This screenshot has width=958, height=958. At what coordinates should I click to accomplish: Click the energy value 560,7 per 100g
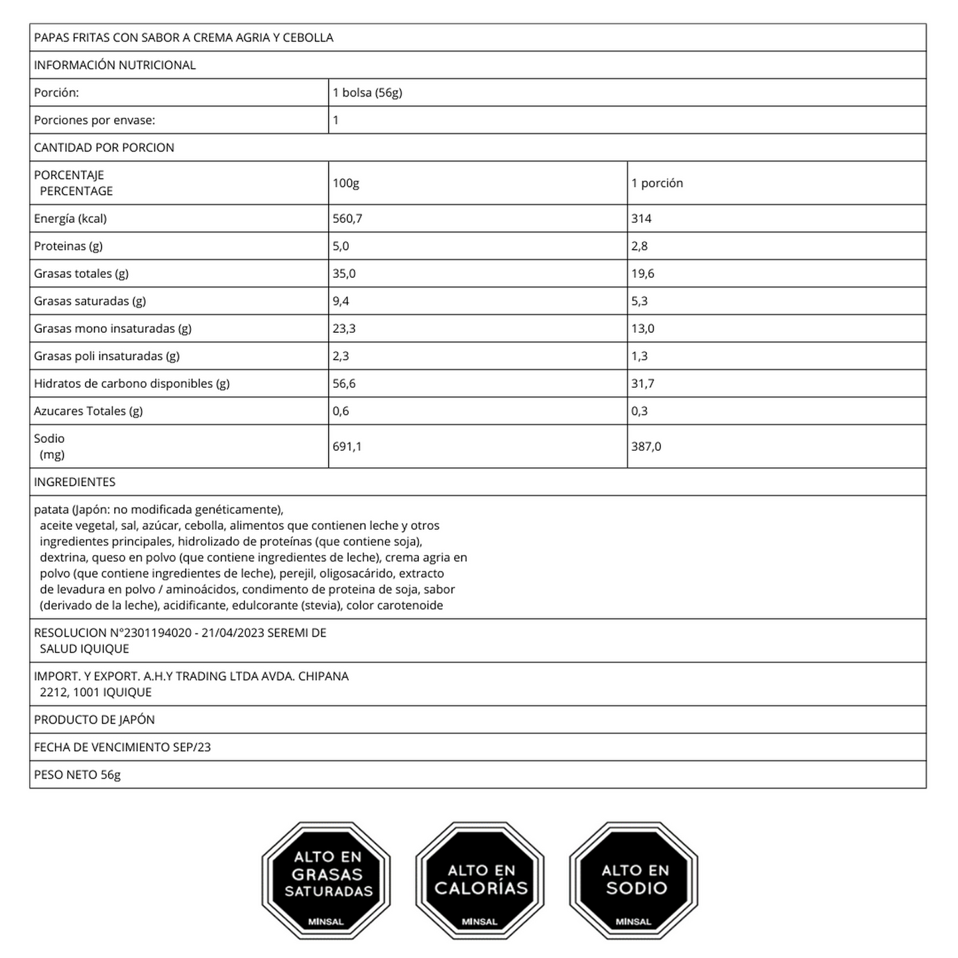click(x=347, y=219)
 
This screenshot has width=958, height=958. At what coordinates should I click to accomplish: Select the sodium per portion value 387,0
click(x=646, y=447)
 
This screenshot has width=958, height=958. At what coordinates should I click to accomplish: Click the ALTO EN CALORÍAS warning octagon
click(x=479, y=880)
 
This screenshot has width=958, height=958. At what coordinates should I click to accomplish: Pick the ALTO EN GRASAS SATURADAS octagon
click(x=326, y=880)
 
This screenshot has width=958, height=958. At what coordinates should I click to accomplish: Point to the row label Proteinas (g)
click(x=68, y=246)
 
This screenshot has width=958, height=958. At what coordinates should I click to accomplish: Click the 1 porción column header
click(x=656, y=183)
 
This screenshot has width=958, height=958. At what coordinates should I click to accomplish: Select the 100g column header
click(x=345, y=183)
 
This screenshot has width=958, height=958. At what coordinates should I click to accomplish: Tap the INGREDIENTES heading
click(x=74, y=482)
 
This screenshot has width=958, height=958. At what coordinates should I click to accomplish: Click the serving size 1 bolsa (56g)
click(x=367, y=93)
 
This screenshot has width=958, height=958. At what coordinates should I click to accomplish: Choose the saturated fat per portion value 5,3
click(x=639, y=301)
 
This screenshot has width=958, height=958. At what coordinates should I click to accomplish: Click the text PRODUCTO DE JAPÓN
click(x=94, y=720)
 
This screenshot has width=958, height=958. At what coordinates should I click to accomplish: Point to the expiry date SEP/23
click(x=192, y=747)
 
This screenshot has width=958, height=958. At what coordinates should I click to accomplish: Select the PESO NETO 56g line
click(x=77, y=775)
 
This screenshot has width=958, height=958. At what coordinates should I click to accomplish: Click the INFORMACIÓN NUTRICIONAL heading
click(x=115, y=65)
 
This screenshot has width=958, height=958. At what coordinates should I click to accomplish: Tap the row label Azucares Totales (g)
click(x=88, y=411)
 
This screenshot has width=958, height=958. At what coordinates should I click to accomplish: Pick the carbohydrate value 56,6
click(x=343, y=384)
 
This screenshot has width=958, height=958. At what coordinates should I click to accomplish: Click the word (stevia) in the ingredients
click(x=321, y=605)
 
